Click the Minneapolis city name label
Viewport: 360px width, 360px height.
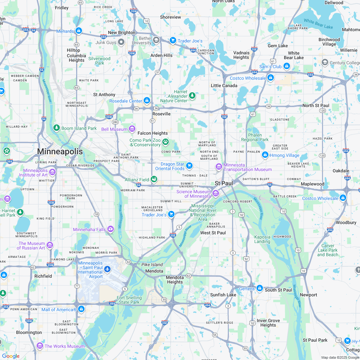(60, 151)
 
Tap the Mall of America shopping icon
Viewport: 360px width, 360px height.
(81, 309)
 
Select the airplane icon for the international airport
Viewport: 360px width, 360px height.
(107, 269)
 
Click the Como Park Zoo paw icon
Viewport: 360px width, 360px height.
(166, 142)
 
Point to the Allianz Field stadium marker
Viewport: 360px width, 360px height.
(154, 179)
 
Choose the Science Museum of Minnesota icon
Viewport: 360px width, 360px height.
(216, 193)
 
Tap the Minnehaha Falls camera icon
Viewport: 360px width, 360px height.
(111, 229)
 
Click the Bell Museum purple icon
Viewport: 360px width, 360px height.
(132, 129)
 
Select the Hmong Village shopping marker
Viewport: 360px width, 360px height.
(265, 155)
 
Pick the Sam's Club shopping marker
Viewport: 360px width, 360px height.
(287, 66)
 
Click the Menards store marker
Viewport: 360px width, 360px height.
(78, 31)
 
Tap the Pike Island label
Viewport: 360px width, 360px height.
(152, 265)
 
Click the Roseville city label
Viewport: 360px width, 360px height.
(161, 114)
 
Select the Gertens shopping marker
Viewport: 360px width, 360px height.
(259, 288)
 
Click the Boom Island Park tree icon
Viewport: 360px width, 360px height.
(57, 128)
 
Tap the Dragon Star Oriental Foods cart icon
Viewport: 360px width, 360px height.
(189, 166)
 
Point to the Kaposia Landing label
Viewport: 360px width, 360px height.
(262, 239)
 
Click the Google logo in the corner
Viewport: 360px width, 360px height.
(11, 356)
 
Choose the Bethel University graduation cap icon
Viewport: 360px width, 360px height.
(156, 40)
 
